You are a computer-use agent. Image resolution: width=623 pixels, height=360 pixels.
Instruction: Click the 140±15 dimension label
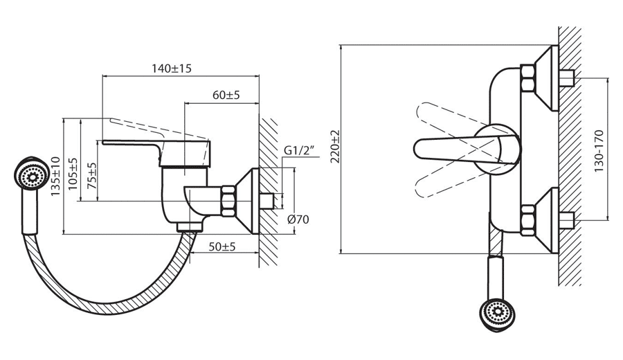click(171, 69)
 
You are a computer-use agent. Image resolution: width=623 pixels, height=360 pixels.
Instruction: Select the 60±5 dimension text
click(226, 95)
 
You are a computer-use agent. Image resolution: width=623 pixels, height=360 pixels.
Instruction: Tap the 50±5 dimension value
click(222, 246)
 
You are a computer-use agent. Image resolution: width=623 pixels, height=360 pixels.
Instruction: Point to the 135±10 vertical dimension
click(55, 176)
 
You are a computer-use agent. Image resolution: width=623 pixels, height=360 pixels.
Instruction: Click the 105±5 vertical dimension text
click(73, 174)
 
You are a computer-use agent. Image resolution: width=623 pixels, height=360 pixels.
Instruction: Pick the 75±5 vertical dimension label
click(92, 175)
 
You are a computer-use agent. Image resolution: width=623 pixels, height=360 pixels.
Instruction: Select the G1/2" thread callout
click(299, 151)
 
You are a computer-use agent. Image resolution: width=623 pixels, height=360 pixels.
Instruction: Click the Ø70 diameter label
click(298, 219)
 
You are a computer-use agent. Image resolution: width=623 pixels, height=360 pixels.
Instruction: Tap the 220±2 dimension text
click(335, 147)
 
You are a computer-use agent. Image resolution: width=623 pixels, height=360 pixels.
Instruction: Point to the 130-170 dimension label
click(599, 151)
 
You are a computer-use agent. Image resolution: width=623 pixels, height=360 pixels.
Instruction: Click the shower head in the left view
click(31, 175)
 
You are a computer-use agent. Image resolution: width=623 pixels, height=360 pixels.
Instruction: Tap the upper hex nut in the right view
click(528, 77)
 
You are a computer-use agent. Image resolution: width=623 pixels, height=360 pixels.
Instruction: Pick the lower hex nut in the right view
click(528, 219)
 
